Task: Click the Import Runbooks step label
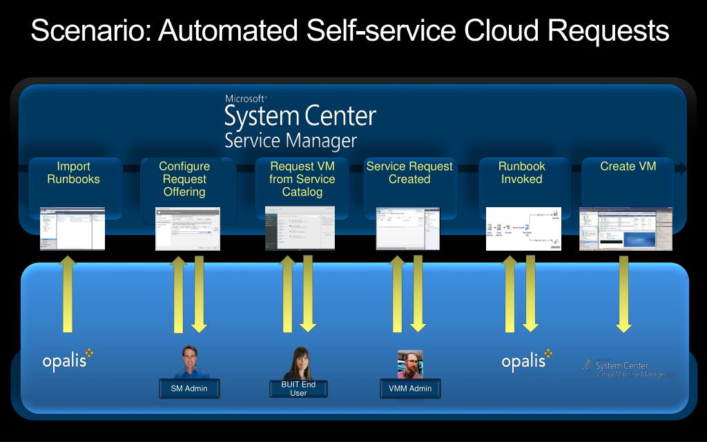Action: coord(73,173)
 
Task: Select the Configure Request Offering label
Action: coord(184,179)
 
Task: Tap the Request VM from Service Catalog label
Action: coord(302,179)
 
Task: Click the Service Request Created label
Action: coord(409,173)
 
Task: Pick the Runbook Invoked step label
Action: coord(521,173)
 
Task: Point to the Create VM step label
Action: coord(628,166)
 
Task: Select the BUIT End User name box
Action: coord(298,389)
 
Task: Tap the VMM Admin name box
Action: coord(410,389)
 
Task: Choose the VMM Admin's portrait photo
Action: coord(410,364)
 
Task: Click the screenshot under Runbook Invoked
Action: coord(523,229)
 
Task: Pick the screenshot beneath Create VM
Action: coord(626,229)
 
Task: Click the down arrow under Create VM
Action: coord(624,294)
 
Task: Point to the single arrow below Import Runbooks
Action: coord(68,294)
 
